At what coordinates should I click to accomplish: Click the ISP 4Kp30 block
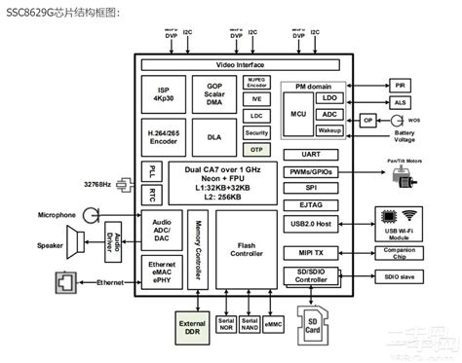click(x=163, y=92)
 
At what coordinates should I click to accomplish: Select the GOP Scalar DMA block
click(x=213, y=92)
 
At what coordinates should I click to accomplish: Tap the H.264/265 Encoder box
click(x=163, y=136)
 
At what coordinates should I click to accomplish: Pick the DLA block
click(x=213, y=136)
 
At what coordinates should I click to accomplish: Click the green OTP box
click(x=256, y=149)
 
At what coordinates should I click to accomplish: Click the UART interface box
click(x=314, y=155)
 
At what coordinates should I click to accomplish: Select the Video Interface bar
click(x=240, y=63)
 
